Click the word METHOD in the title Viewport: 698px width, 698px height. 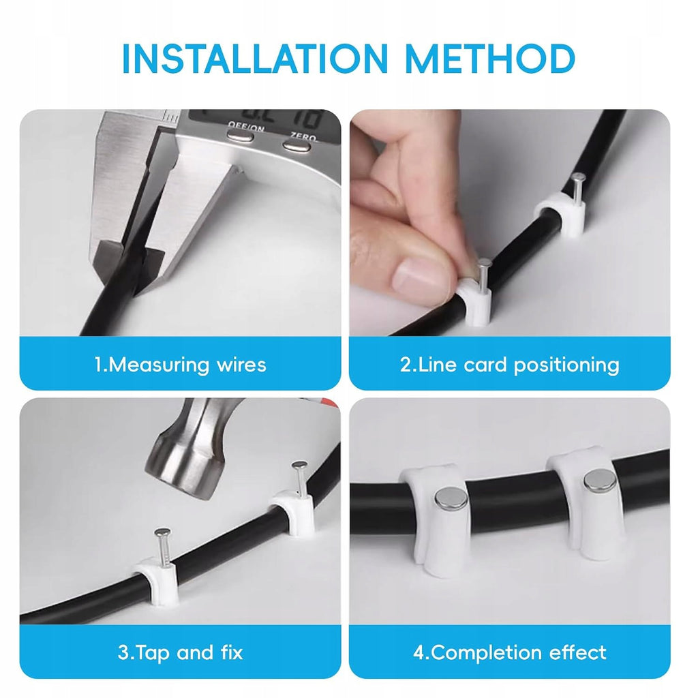pos(490,59)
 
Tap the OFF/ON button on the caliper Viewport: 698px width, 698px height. pos(241,136)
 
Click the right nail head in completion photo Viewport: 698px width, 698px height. pos(599,481)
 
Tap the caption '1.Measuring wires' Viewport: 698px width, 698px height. pos(180,365)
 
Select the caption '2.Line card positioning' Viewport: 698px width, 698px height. pos(509,365)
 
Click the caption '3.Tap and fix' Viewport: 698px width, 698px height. pos(180,652)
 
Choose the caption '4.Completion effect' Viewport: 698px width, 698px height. pos(509,652)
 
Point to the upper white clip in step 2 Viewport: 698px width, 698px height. pos(561,215)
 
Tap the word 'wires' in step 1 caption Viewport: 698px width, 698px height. pos(242,365)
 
